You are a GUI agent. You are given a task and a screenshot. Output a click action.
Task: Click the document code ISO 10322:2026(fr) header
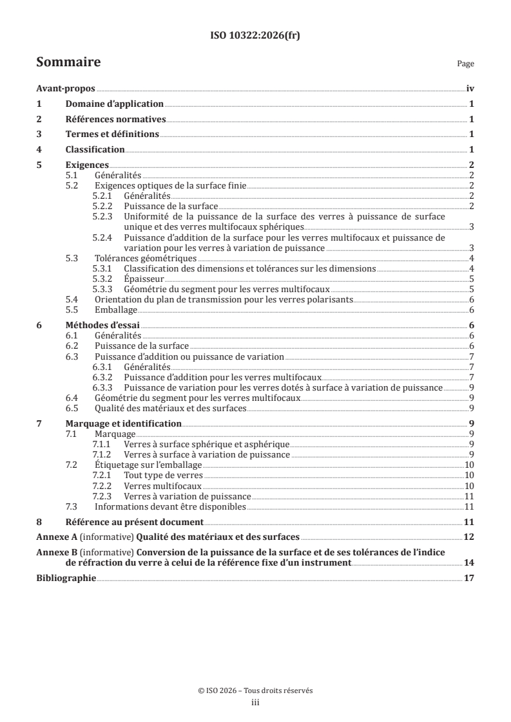[x=255, y=36]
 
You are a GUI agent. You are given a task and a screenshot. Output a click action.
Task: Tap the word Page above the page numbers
[x=465, y=64]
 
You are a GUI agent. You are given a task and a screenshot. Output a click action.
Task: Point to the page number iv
[x=470, y=89]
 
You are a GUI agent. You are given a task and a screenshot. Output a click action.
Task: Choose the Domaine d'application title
[x=114, y=104]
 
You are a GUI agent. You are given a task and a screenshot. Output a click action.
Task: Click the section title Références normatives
[x=116, y=119]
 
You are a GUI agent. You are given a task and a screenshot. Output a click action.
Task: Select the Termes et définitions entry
[x=112, y=134]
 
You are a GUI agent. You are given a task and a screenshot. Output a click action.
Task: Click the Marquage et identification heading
[x=124, y=423]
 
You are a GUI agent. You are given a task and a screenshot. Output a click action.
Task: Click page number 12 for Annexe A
[x=470, y=536]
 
